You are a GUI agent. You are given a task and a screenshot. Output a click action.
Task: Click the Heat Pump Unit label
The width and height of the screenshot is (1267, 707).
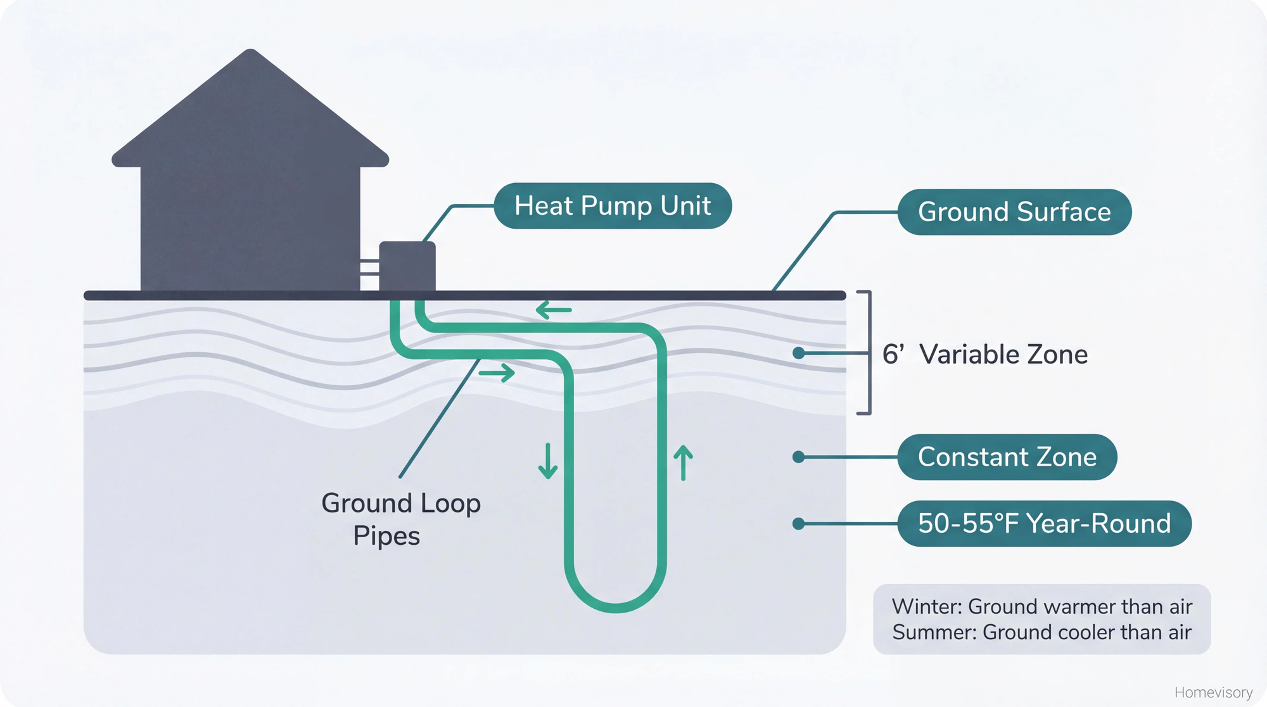coord(612,206)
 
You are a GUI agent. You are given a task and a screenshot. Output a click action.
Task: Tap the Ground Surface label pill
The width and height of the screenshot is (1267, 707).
coord(1014,212)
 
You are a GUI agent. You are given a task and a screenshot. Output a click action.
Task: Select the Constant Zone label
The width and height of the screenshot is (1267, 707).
coord(1007,457)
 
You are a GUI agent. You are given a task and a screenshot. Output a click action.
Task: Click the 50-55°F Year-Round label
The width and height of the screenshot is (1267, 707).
coord(1043,523)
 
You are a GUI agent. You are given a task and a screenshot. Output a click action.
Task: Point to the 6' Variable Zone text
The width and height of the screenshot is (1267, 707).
coord(984,354)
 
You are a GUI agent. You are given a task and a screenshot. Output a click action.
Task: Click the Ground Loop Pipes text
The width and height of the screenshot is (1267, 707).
coord(400,519)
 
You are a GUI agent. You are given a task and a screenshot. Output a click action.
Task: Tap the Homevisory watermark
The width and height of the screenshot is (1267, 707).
coord(1213,692)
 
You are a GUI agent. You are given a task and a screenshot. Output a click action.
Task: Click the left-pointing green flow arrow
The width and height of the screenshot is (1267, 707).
coord(554,310)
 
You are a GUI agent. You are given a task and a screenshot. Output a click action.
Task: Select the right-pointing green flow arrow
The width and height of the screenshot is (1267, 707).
coord(497,373)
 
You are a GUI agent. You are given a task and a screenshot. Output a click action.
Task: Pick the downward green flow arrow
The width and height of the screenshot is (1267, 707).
coord(547,461)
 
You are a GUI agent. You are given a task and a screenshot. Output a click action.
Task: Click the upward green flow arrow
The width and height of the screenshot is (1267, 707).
coord(683,462)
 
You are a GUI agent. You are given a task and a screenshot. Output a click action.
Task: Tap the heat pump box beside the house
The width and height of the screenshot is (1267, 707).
coord(407,266)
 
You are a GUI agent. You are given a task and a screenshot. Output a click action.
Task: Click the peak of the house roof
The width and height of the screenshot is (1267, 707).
coord(251,53)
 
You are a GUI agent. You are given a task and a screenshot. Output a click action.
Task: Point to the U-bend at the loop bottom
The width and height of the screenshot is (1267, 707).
coord(614,605)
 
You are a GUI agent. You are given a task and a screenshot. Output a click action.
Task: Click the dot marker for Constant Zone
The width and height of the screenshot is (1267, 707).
coord(799,457)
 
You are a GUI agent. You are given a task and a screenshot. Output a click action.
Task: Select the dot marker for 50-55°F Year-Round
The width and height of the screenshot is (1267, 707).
coord(799,523)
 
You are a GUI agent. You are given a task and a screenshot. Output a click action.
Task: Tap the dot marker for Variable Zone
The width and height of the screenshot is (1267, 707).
coord(799,353)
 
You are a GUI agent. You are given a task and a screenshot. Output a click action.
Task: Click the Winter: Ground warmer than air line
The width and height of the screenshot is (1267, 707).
coord(1041,606)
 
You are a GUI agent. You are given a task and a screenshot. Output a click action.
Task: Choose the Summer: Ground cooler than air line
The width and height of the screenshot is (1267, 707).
coord(1041,632)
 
